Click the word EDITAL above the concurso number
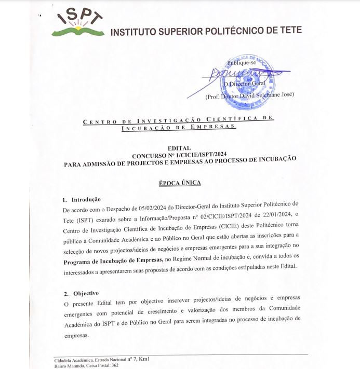pos(179,148)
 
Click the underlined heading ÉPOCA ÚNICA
pos(179,183)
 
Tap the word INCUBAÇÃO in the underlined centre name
pos(140,126)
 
